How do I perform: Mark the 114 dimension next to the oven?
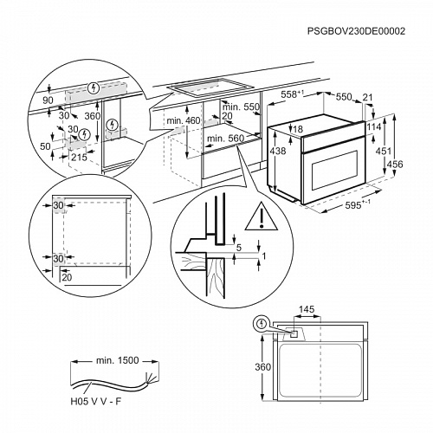tap(375, 126)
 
